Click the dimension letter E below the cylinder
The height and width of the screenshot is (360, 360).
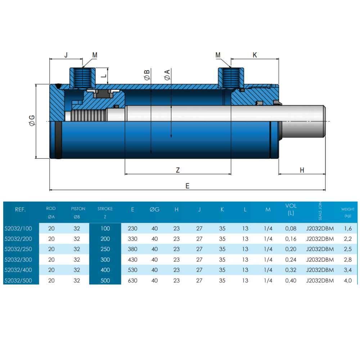(x=187, y=186)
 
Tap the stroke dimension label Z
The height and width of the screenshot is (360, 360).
(x=178, y=170)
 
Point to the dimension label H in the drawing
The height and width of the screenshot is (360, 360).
(x=302, y=170)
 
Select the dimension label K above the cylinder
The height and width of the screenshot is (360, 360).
(x=255, y=55)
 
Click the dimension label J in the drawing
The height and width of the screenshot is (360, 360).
(x=66, y=55)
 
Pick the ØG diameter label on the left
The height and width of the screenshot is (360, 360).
(x=32, y=120)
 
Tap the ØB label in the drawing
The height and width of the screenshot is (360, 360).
(x=147, y=75)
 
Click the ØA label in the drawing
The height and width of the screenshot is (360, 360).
(x=167, y=75)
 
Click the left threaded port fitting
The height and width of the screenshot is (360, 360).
(x=82, y=78)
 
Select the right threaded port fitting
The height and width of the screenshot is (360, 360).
(x=231, y=78)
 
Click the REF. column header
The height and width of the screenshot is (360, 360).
(x=21, y=210)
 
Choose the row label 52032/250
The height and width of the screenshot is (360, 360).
(x=18, y=249)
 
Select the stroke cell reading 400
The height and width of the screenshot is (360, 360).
(x=105, y=270)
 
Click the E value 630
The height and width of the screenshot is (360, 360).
(x=132, y=280)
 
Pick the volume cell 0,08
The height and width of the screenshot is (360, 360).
(x=291, y=229)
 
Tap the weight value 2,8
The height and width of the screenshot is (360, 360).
(x=348, y=260)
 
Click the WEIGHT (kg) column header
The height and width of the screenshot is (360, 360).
(x=348, y=212)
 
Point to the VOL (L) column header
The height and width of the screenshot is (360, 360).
(x=291, y=209)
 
